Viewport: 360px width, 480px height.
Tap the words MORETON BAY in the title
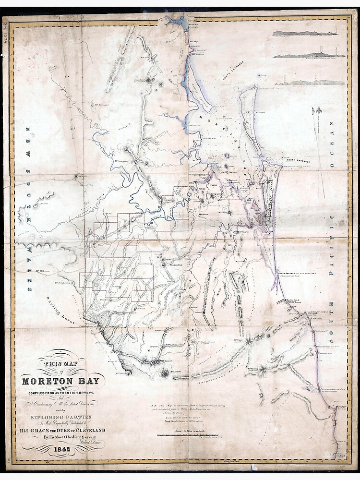click(60, 382)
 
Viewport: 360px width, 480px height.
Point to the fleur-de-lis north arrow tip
click(316, 111)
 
